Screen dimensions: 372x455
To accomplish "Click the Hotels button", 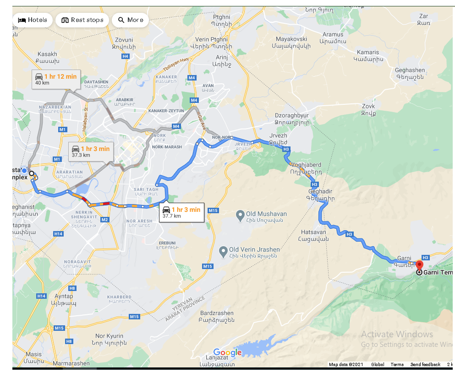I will (33, 20).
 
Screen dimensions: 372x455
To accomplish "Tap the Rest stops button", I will (82, 20).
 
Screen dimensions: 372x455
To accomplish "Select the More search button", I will (131, 20).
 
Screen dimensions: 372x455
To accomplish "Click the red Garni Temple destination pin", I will (419, 265).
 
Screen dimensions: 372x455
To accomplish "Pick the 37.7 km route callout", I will (181, 213).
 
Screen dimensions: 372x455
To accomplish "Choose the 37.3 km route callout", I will (90, 151).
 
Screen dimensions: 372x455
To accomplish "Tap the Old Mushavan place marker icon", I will (240, 214).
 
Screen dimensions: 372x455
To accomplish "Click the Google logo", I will (227, 352).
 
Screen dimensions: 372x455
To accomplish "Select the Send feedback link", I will (425, 365).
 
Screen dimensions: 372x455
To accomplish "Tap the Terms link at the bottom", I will (397, 365).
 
